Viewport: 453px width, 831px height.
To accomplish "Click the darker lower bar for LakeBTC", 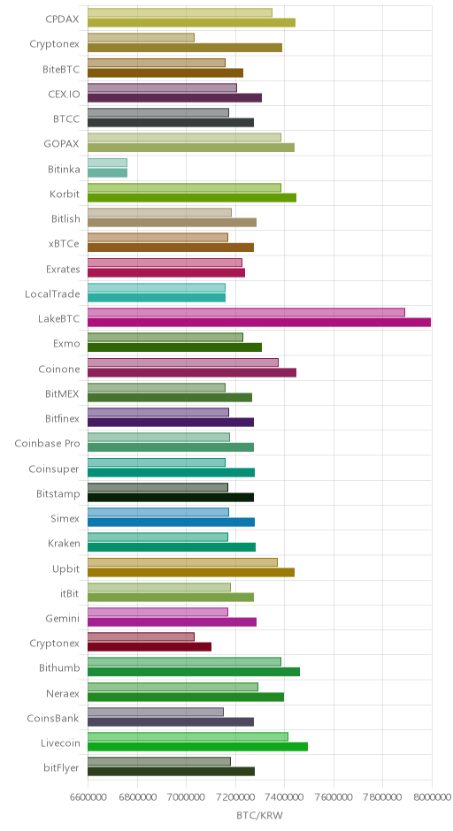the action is [x=259, y=322].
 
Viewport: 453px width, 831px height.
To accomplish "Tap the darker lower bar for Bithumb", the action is [x=194, y=672].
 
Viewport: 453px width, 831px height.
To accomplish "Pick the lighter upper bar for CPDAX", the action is [x=180, y=12].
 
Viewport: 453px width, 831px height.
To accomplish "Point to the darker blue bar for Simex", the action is [x=171, y=522].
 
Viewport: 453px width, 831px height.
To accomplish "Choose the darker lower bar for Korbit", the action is [x=192, y=198].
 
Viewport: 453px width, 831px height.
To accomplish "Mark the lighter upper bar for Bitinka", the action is [x=107, y=163].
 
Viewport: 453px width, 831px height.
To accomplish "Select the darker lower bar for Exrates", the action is [x=166, y=272].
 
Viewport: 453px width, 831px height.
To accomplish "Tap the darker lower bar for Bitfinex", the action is [x=171, y=423].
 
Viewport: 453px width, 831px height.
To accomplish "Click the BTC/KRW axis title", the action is [x=259, y=816].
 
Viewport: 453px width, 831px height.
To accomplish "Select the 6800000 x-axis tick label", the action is [x=137, y=797].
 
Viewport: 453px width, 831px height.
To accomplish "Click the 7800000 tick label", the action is [x=382, y=797].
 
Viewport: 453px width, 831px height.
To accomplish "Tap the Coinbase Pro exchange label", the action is [x=47, y=444].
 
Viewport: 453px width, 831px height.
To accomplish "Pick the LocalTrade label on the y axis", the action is [x=52, y=294].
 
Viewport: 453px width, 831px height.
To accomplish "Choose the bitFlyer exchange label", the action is [x=62, y=768].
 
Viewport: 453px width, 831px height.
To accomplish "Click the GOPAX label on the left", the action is [x=62, y=143].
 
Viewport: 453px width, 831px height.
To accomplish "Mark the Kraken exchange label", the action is [x=65, y=543].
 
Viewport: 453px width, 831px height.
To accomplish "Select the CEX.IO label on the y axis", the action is [x=65, y=95].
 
